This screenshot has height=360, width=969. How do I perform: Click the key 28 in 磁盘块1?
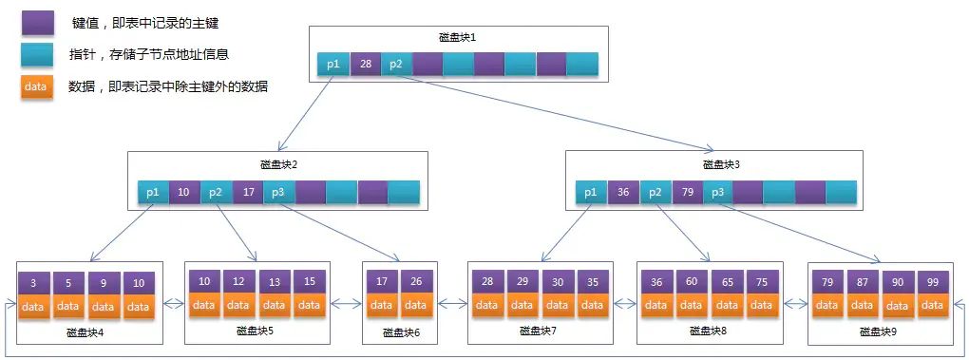pos(365,65)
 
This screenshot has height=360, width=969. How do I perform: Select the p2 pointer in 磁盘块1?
pos(396,65)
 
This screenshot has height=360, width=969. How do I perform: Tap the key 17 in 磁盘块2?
pos(247,192)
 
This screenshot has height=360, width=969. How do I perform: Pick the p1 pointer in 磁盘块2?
pos(153,192)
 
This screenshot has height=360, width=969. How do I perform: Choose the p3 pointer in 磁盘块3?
pos(717,192)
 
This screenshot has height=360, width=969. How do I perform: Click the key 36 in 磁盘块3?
pos(623,192)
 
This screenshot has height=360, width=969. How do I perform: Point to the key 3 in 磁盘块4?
pos(33,283)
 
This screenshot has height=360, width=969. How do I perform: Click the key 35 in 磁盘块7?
pos(593,282)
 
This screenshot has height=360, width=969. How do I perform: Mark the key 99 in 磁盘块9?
pos(933,282)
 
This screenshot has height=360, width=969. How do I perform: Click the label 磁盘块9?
pos(877,332)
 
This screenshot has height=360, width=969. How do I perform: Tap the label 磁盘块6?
pos(401,332)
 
